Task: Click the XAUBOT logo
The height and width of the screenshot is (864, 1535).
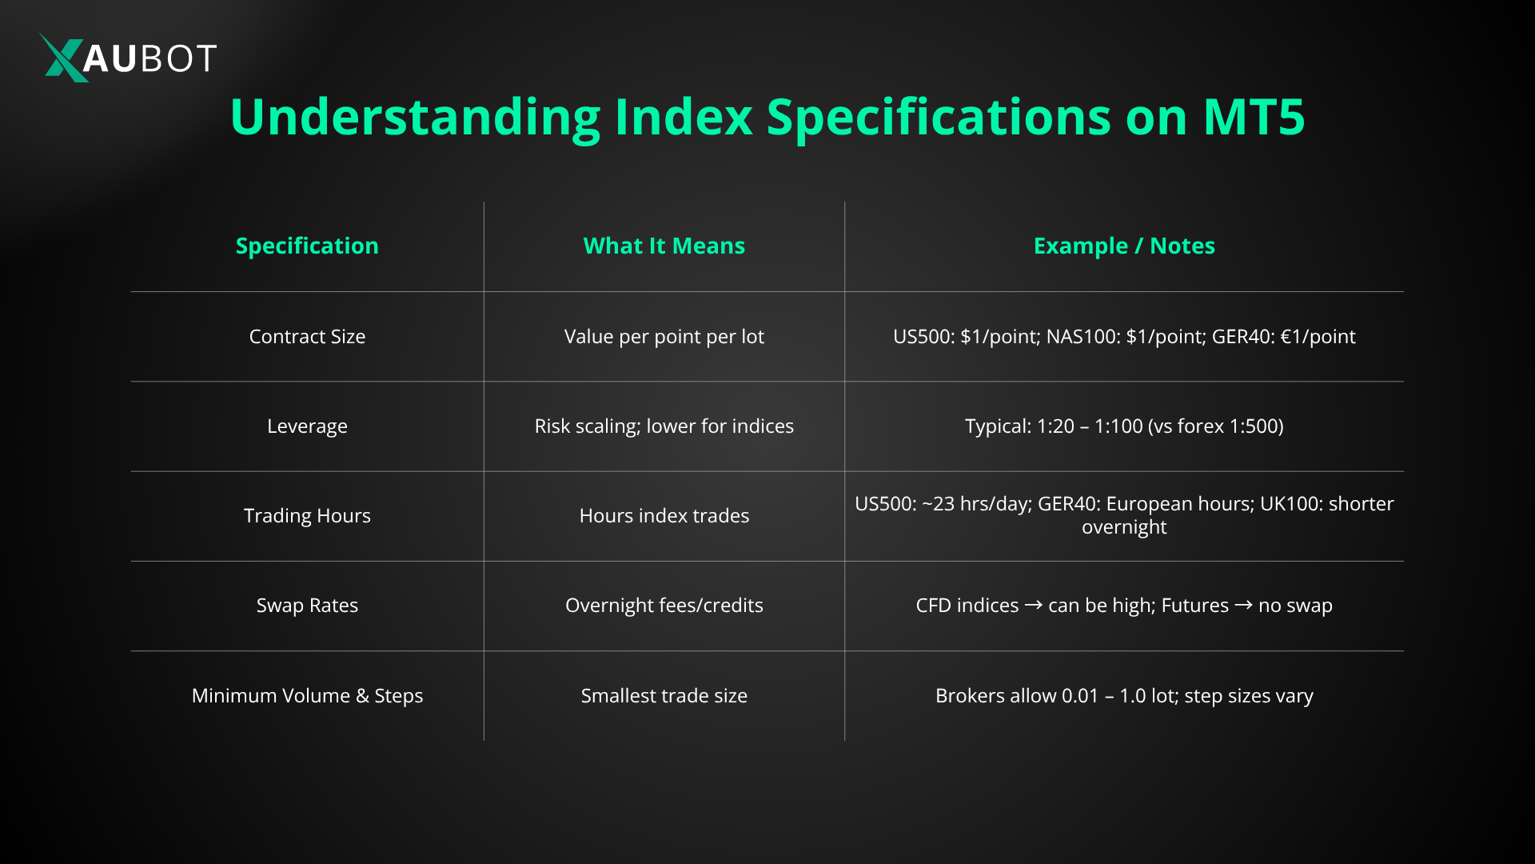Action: coord(128,58)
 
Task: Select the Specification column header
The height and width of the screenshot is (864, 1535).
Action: coord(307,246)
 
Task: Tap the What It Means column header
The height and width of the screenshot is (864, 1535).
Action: coord(664,246)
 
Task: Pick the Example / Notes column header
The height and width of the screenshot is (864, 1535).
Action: coord(1123,246)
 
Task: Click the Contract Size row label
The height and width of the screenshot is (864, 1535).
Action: coord(307,337)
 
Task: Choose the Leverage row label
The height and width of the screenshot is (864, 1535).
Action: coord(307,426)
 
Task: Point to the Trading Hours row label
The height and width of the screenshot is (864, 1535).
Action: coord(307,516)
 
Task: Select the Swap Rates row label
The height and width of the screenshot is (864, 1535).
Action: coord(307,606)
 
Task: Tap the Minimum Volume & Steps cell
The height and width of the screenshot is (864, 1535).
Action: coord(307,695)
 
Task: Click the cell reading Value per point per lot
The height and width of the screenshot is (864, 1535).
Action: coord(664,337)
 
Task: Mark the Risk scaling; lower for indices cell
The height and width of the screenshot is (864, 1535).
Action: coord(664,426)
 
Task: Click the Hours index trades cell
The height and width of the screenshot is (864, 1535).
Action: coord(664,516)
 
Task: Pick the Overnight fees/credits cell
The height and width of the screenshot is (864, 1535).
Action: coord(664,606)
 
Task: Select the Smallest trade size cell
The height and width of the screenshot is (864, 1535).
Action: coord(664,695)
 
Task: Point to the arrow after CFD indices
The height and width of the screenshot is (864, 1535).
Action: coord(1033,606)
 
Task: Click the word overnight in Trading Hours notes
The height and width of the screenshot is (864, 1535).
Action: coord(1123,527)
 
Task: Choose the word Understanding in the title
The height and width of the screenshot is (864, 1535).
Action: coord(415,117)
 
